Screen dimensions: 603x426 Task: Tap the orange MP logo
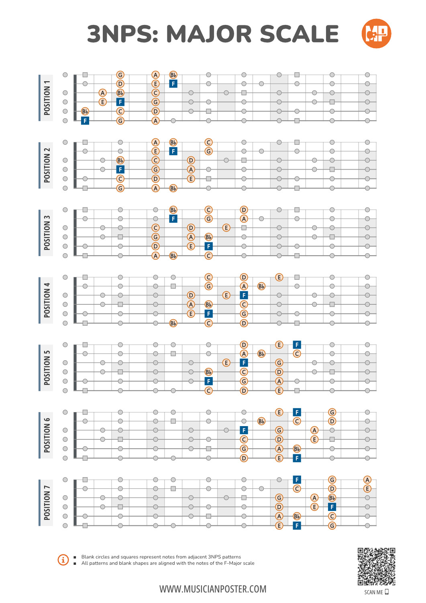[376, 33]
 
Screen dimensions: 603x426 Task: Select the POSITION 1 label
[47, 98]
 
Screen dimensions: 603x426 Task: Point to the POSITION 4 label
[47, 300]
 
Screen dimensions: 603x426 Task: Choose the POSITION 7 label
[47, 503]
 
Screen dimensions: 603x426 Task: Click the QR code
[376, 566]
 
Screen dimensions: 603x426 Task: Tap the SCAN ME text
[373, 592]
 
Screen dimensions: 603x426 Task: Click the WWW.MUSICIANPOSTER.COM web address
[213, 589]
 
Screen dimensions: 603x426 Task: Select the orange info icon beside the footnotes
[63, 560]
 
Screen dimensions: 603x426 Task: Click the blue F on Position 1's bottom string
[85, 121]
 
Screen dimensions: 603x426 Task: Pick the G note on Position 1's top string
[120, 75]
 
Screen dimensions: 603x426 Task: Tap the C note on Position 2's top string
[208, 142]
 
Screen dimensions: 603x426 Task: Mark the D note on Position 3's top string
[244, 210]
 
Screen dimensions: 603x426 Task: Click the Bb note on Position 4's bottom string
[173, 323]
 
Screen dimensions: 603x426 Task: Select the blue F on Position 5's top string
[297, 345]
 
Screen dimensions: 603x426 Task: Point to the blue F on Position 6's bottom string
[297, 458]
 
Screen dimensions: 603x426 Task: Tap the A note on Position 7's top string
[367, 480]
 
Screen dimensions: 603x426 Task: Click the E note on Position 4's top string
[279, 277]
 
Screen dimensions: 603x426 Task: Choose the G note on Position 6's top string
[332, 412]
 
